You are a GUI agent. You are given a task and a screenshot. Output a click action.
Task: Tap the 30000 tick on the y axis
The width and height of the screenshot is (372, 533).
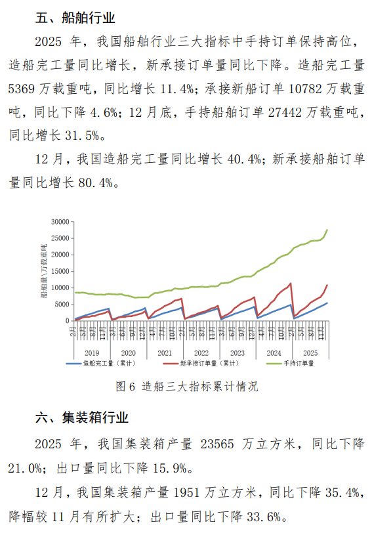[58, 222]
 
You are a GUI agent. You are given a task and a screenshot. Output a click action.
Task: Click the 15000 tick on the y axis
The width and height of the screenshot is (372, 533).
[58, 271]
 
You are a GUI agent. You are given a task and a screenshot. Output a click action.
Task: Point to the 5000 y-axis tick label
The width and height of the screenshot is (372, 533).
[60, 304]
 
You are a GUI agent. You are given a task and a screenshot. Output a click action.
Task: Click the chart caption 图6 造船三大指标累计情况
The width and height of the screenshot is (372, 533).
[186, 387]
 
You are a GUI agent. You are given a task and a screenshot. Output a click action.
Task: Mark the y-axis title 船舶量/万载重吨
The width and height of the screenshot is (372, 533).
[45, 270]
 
